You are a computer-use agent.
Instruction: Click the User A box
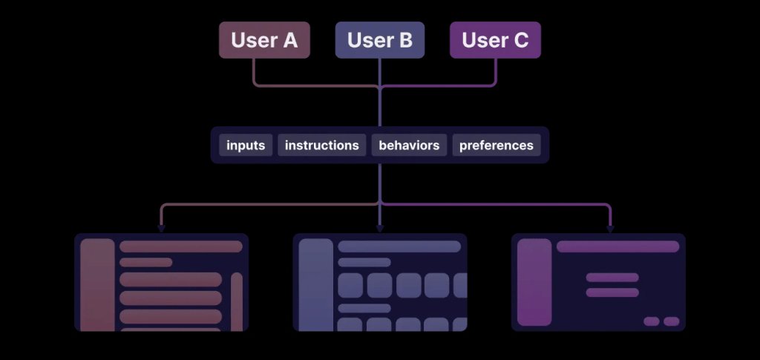click(264, 40)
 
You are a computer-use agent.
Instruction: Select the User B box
click(380, 40)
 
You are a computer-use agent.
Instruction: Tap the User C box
click(495, 40)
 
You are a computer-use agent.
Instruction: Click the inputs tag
click(246, 145)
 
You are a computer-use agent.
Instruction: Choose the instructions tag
click(322, 145)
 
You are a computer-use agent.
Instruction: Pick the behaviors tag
click(409, 145)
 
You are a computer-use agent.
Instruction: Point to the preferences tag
click(496, 145)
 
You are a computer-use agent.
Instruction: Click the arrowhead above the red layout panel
click(161, 229)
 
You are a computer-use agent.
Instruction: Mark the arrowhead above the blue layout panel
click(380, 229)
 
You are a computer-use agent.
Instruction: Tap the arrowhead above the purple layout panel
click(611, 229)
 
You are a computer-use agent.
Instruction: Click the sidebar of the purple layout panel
click(534, 282)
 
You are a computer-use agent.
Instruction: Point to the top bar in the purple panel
click(617, 246)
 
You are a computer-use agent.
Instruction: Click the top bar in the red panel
click(180, 246)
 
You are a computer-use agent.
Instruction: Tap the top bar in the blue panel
click(399, 246)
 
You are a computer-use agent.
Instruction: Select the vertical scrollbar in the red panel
click(237, 301)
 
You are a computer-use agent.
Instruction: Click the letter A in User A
click(290, 40)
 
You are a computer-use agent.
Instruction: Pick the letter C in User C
click(521, 40)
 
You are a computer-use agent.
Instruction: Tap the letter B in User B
click(405, 40)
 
